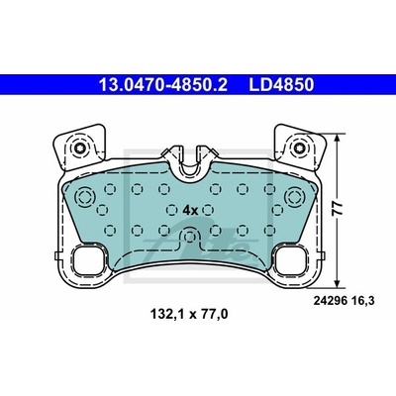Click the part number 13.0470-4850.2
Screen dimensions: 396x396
click(163, 85)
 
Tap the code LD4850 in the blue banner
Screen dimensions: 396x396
click(281, 85)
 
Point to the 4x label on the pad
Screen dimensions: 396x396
click(190, 210)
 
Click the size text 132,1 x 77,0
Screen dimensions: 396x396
click(189, 315)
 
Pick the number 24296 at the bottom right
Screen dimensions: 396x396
click(326, 301)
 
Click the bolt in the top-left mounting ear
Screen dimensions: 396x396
click(80, 148)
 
